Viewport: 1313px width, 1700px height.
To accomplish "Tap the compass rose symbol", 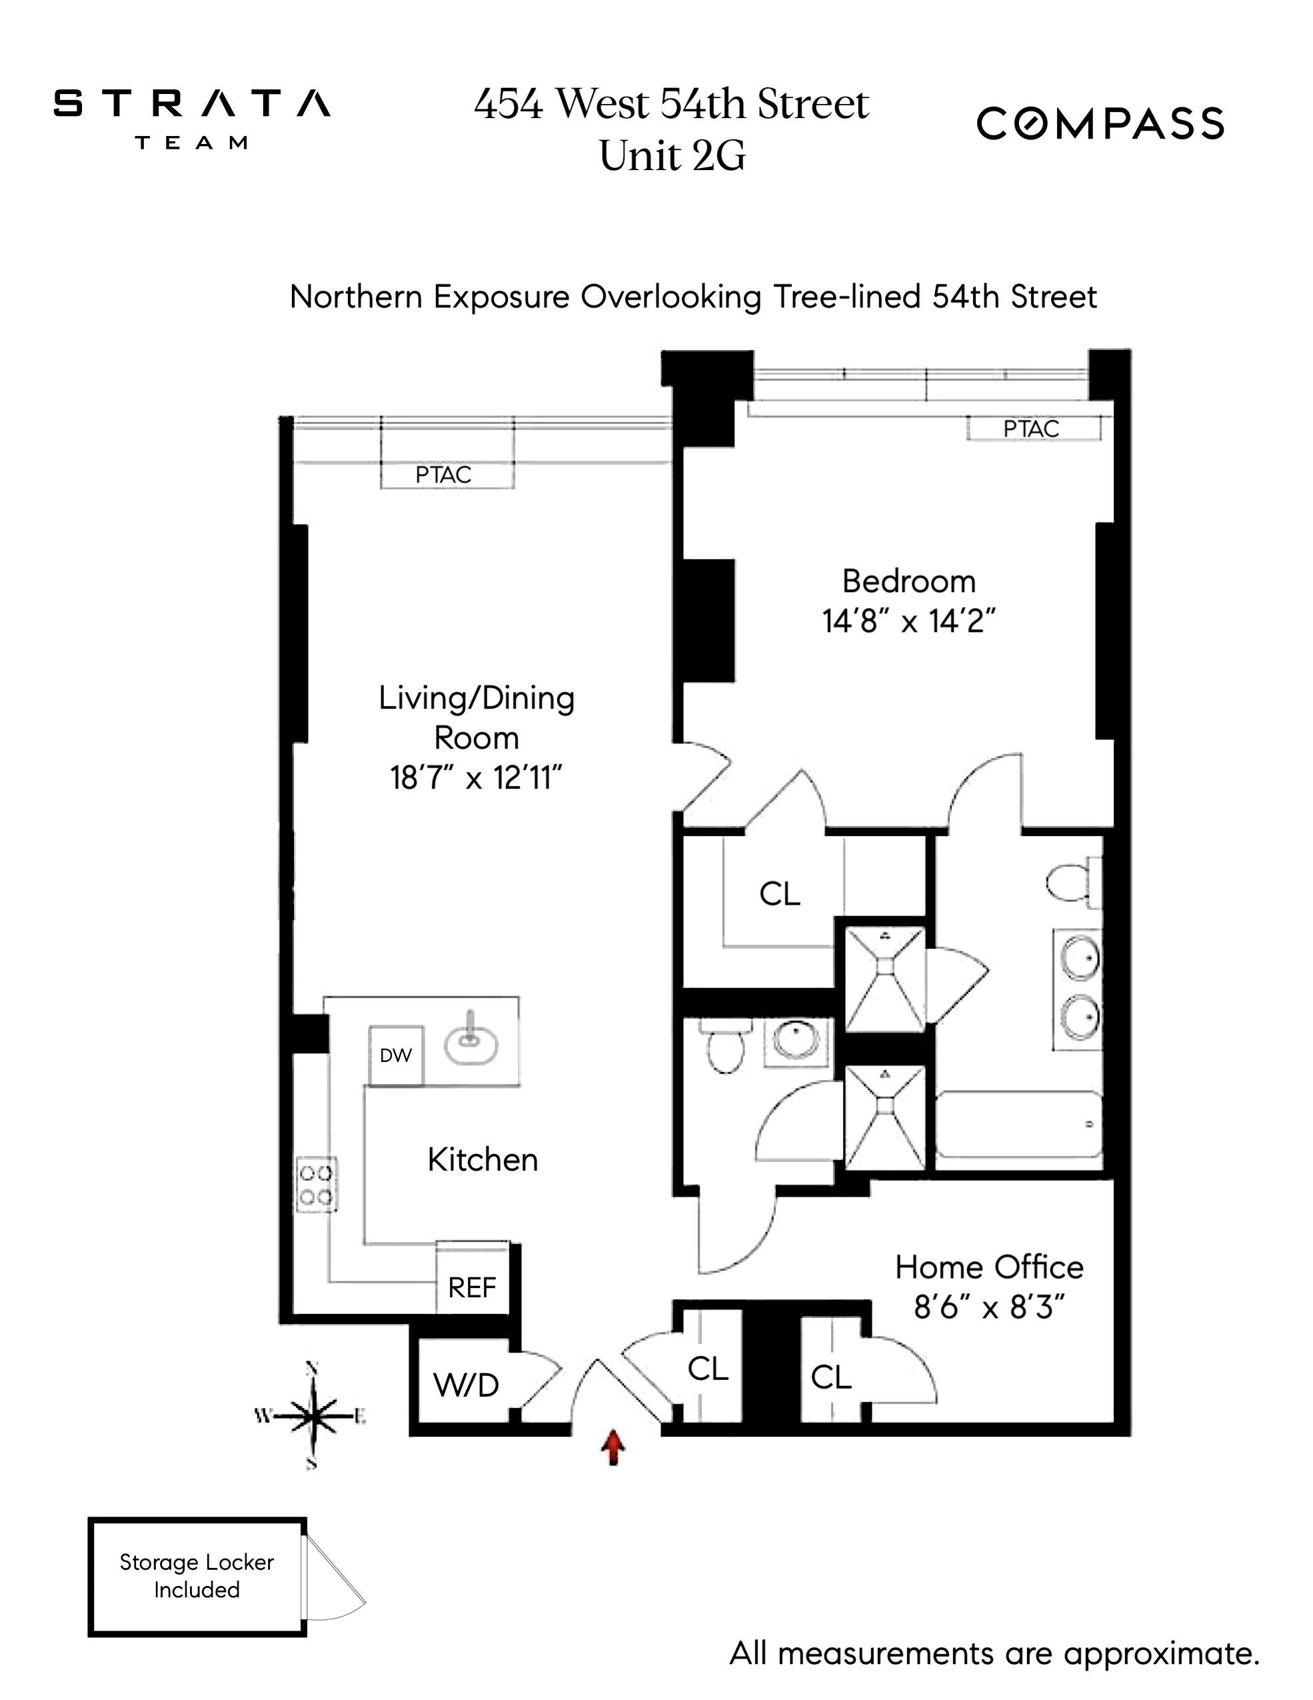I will pos(312,1416).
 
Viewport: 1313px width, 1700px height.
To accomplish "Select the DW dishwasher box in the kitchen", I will pos(395,1055).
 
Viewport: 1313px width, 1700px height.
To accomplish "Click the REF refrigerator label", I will pos(472,1287).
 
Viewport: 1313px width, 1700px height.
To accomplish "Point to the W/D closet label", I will pos(465,1385).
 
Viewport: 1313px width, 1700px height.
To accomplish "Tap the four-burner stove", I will pos(316,1185).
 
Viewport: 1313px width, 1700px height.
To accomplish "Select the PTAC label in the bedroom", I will pos(1031,429).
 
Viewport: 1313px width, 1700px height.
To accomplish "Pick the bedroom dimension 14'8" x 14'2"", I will pos(908,621).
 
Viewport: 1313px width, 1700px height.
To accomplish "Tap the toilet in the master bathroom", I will pos(1071,883).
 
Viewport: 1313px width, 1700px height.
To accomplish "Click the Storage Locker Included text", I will pos(196,1576).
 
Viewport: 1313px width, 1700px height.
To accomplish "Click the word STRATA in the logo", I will pos(191,103).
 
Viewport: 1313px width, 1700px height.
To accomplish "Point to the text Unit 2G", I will pos(672,156).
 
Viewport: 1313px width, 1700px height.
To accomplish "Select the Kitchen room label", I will pos(483,1160).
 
